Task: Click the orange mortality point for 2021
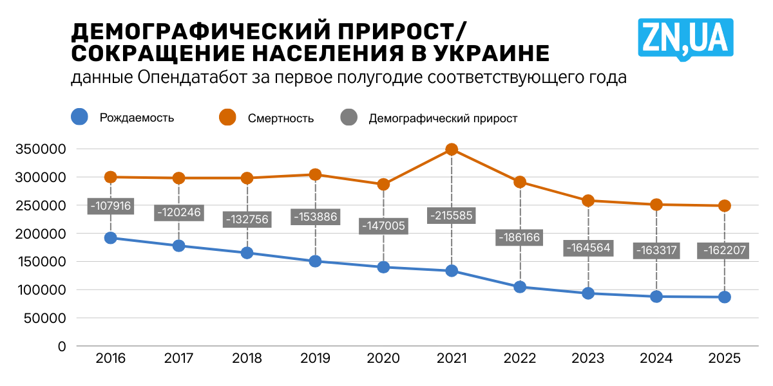[x=452, y=149]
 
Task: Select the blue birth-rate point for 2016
[x=111, y=238]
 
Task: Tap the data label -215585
[x=452, y=216]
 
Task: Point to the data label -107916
[x=111, y=206]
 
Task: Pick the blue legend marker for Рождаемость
[x=79, y=117]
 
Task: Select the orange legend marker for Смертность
[x=227, y=117]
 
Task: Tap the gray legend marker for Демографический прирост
[x=348, y=117]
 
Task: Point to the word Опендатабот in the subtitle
[x=187, y=78]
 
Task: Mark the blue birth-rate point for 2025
[x=725, y=297]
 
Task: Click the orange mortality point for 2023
[x=588, y=201]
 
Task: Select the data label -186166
[x=520, y=237]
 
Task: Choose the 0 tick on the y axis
[x=62, y=346]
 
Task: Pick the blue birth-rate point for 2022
[x=520, y=287]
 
